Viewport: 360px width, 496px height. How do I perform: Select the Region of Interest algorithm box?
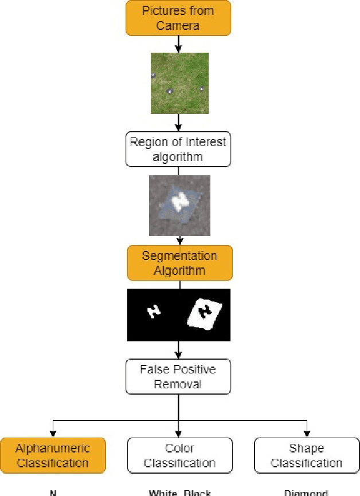[x=179, y=149]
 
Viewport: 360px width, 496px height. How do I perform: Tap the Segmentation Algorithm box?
[x=179, y=263]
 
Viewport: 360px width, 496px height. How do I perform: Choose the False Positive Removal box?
[x=179, y=376]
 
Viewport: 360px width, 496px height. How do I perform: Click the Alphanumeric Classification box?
[x=53, y=455]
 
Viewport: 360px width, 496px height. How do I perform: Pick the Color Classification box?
[x=179, y=455]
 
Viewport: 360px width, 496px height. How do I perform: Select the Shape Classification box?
[x=306, y=455]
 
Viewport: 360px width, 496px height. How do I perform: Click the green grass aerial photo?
[x=179, y=82]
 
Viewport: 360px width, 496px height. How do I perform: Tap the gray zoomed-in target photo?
[x=179, y=206]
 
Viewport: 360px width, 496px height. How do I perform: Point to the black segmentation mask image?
[x=179, y=314]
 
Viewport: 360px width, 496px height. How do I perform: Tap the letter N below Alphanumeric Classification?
[x=53, y=492]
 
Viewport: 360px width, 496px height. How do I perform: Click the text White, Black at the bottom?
[x=179, y=492]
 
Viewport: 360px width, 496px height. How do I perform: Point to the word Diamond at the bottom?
[x=306, y=492]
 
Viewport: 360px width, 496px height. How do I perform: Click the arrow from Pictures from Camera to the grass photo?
[x=179, y=44]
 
